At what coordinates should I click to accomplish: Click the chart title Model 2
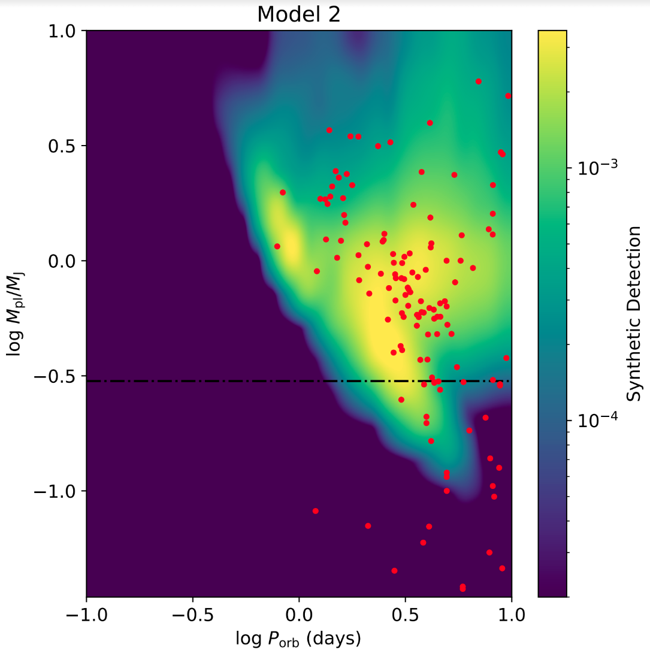298,14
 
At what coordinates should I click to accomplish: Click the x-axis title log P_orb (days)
298,639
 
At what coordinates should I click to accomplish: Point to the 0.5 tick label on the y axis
66,146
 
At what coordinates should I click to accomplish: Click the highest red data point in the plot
478,81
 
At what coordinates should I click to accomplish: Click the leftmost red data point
277,246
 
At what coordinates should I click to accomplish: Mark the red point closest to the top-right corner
508,96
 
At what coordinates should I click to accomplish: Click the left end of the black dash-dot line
87,381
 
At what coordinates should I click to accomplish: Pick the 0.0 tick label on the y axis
66,261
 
